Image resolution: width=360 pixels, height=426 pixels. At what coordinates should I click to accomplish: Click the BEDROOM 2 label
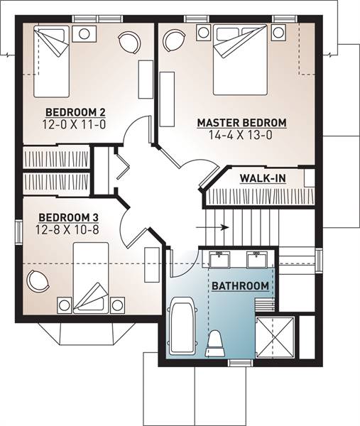(75, 112)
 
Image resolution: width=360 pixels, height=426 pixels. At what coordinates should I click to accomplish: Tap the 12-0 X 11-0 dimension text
(74, 125)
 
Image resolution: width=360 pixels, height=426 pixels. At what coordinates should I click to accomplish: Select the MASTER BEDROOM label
(242, 123)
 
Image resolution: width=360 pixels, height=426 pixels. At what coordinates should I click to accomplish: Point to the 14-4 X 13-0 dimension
(241, 135)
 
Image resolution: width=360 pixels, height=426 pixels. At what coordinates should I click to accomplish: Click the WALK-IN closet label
(263, 178)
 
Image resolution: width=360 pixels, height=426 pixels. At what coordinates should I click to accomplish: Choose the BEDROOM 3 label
(68, 218)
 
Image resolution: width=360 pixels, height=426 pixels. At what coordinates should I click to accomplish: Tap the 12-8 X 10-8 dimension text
(67, 230)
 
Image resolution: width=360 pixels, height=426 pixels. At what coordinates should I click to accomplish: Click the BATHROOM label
(241, 286)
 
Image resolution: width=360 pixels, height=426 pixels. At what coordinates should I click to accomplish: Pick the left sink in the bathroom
(219, 259)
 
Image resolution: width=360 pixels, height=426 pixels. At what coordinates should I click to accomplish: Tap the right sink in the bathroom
(257, 259)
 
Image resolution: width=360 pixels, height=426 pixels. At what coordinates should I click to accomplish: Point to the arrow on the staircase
(212, 227)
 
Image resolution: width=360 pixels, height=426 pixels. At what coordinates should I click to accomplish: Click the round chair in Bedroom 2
(130, 43)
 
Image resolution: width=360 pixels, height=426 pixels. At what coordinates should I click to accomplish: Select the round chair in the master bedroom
(174, 40)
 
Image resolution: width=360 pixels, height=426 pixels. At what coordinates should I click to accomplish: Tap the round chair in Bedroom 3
(38, 281)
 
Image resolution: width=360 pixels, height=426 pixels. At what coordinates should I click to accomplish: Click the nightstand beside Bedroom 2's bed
(84, 33)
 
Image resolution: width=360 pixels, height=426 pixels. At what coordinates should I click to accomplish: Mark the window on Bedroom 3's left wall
(18, 231)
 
